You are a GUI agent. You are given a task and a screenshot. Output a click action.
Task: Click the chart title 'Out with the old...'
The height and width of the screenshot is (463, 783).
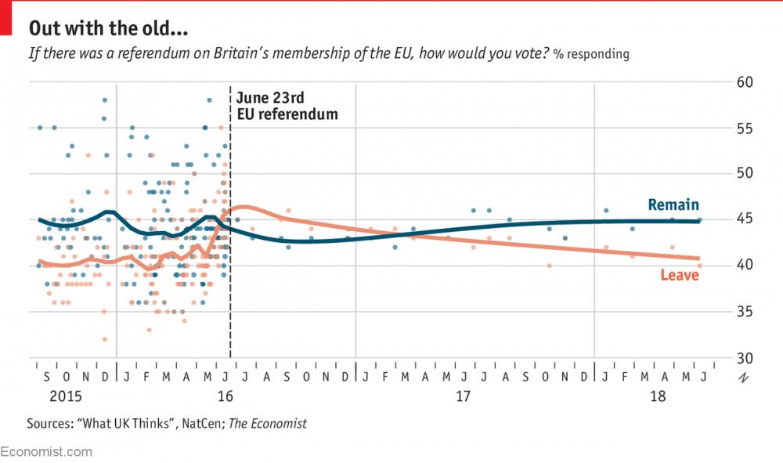click(x=108, y=29)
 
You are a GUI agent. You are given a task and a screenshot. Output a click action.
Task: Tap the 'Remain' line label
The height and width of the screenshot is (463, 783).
click(x=673, y=205)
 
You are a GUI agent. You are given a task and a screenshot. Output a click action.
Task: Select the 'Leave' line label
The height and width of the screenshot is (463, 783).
click(x=679, y=275)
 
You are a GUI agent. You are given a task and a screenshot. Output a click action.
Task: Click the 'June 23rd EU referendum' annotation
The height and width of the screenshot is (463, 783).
click(x=287, y=106)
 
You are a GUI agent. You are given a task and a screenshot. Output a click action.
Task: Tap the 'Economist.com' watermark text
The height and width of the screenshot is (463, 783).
click(x=46, y=452)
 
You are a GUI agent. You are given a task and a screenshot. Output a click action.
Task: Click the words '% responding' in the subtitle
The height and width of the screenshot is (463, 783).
click(x=590, y=55)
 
